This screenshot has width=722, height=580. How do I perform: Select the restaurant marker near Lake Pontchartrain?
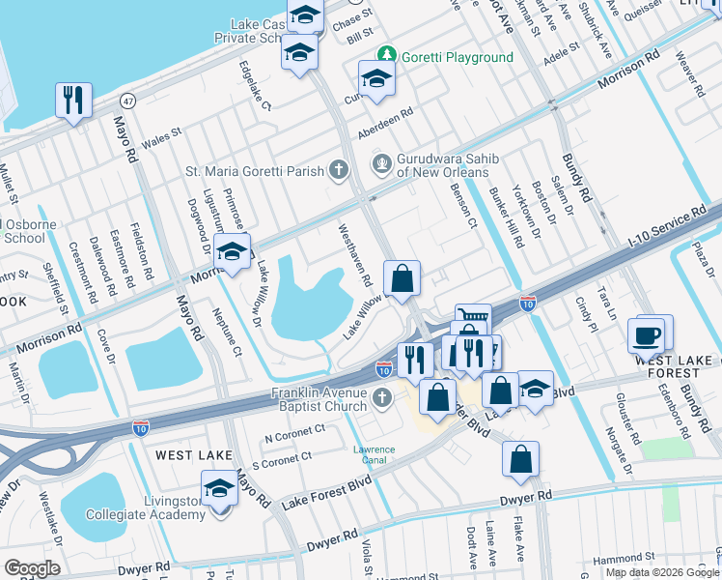click(x=73, y=100)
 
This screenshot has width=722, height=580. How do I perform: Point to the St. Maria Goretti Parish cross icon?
click(x=338, y=171)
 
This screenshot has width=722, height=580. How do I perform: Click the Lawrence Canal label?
click(x=373, y=454)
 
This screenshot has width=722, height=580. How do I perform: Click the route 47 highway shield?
click(x=126, y=100)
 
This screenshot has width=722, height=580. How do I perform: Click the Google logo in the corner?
click(x=32, y=567)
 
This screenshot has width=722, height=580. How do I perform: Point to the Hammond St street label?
click(x=624, y=558)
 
